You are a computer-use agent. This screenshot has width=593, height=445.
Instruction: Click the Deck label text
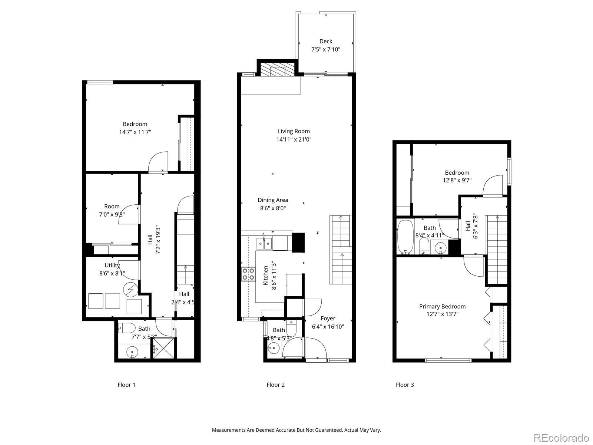tap(325, 41)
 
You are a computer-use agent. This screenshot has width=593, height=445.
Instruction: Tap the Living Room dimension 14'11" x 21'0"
tap(294, 139)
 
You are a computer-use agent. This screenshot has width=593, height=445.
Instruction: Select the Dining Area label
tap(273, 200)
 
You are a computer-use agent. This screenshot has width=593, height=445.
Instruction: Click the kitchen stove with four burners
tap(248, 274)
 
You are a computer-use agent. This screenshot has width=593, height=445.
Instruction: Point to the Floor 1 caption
tap(126, 385)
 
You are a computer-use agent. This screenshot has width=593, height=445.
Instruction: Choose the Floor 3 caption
tap(405, 385)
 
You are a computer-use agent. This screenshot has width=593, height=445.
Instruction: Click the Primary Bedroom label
tap(442, 306)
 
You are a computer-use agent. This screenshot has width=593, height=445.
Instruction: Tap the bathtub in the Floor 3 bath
tap(405, 237)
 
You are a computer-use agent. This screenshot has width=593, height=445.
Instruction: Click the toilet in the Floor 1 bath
tap(127, 328)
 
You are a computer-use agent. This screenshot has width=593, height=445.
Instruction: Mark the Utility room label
tap(112, 265)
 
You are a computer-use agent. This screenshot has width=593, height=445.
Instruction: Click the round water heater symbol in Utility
tap(131, 289)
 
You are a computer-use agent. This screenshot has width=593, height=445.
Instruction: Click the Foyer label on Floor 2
tap(328, 318)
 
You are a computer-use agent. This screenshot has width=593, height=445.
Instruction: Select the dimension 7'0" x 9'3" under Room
tap(112, 215)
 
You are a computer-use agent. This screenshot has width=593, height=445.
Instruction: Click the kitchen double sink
tap(264, 244)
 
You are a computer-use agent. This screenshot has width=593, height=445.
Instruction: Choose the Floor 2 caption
tap(276, 385)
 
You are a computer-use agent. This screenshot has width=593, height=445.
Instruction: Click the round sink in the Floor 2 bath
tap(274, 348)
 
